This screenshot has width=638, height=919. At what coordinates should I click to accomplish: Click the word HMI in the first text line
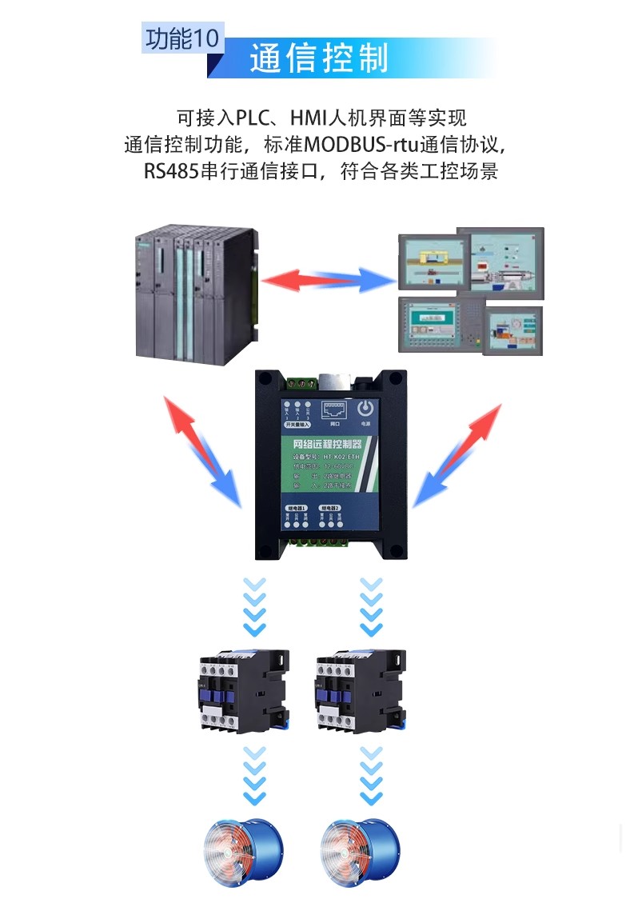tap(308, 119)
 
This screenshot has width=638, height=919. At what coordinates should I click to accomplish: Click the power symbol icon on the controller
tap(365, 408)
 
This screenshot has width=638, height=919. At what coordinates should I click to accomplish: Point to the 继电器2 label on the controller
tap(329, 508)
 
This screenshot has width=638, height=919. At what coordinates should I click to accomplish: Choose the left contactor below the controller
tap(242, 689)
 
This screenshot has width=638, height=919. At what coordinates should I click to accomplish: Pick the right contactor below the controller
tap(359, 689)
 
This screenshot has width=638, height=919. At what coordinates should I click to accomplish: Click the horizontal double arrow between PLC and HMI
tap(329, 279)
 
